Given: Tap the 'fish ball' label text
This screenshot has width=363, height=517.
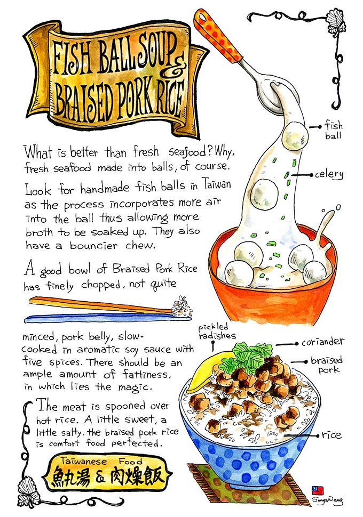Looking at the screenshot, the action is point(333,130).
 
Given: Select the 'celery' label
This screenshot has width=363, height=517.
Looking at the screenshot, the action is point(329,174).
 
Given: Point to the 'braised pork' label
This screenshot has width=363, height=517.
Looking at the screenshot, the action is point(327,365).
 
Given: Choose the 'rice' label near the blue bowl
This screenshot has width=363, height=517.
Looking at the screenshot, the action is point(332,435).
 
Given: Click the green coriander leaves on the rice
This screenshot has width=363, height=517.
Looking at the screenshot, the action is point(246,357).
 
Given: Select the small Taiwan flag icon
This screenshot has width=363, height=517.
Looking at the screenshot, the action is point(318,491).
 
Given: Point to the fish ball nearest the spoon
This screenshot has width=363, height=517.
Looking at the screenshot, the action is point(295,135).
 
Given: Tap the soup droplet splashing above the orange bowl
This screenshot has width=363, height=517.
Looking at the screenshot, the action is point(338,207).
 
